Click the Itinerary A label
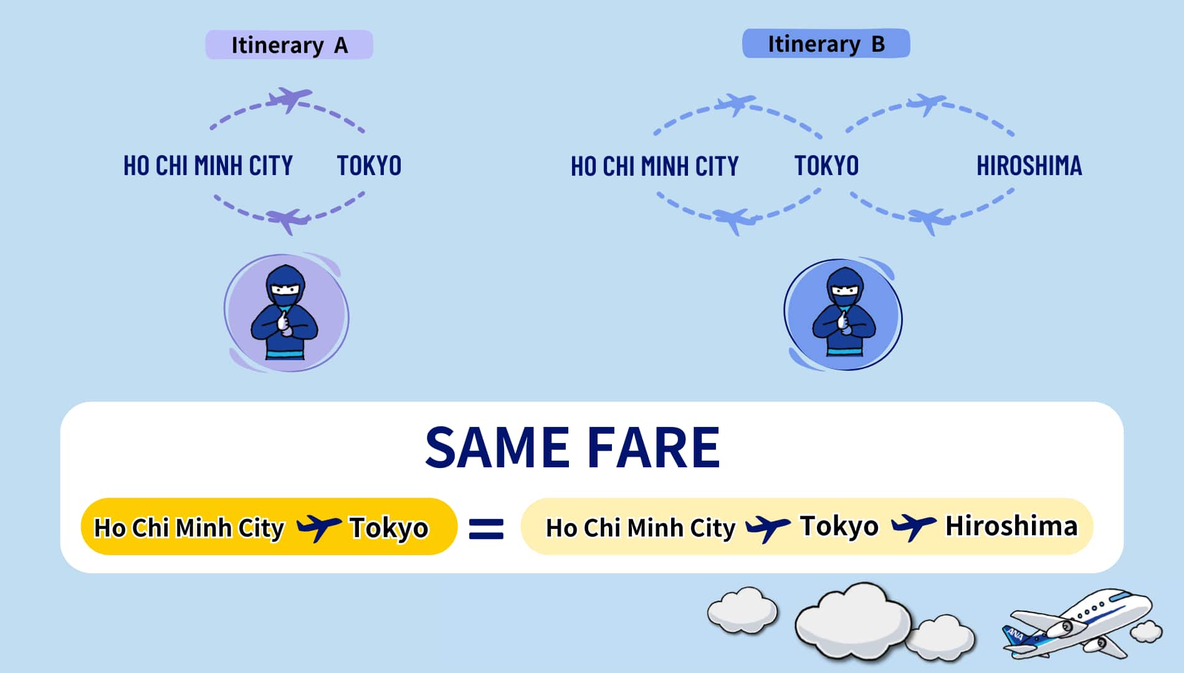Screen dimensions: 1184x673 289,45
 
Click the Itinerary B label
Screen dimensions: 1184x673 826,44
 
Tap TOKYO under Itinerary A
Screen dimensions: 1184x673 369,166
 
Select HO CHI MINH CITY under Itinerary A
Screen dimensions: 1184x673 208,166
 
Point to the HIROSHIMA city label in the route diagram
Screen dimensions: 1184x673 1029,166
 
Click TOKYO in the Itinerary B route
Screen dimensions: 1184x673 826,166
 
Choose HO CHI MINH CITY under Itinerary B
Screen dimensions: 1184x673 654,166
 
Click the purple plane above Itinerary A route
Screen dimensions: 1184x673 289,99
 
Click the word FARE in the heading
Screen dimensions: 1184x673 654,447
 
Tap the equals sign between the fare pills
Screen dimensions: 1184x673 486,528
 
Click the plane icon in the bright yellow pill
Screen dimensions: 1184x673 318,528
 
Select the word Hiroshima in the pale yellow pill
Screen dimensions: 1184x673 1011,525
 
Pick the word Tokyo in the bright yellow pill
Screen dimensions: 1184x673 389,528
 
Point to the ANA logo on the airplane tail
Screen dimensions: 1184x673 1015,635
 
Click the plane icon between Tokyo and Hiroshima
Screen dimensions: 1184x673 914,527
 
